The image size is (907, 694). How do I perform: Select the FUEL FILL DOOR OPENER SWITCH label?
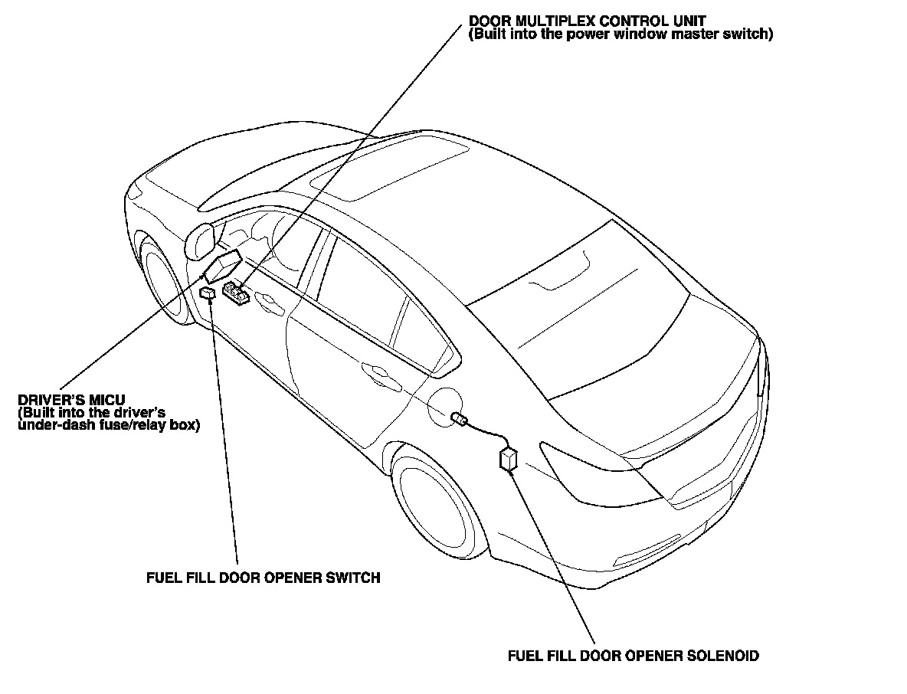pos(263,578)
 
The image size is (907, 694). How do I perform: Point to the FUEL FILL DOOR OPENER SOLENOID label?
pos(634,656)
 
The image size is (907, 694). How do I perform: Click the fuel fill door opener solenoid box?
pos(508,459)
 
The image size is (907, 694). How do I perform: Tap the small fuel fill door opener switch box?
pos(207,292)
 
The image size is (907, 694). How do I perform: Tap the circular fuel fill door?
pos(446,406)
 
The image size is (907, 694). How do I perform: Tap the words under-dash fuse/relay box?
pos(107,425)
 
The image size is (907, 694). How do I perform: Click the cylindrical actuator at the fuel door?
pos(459,418)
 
